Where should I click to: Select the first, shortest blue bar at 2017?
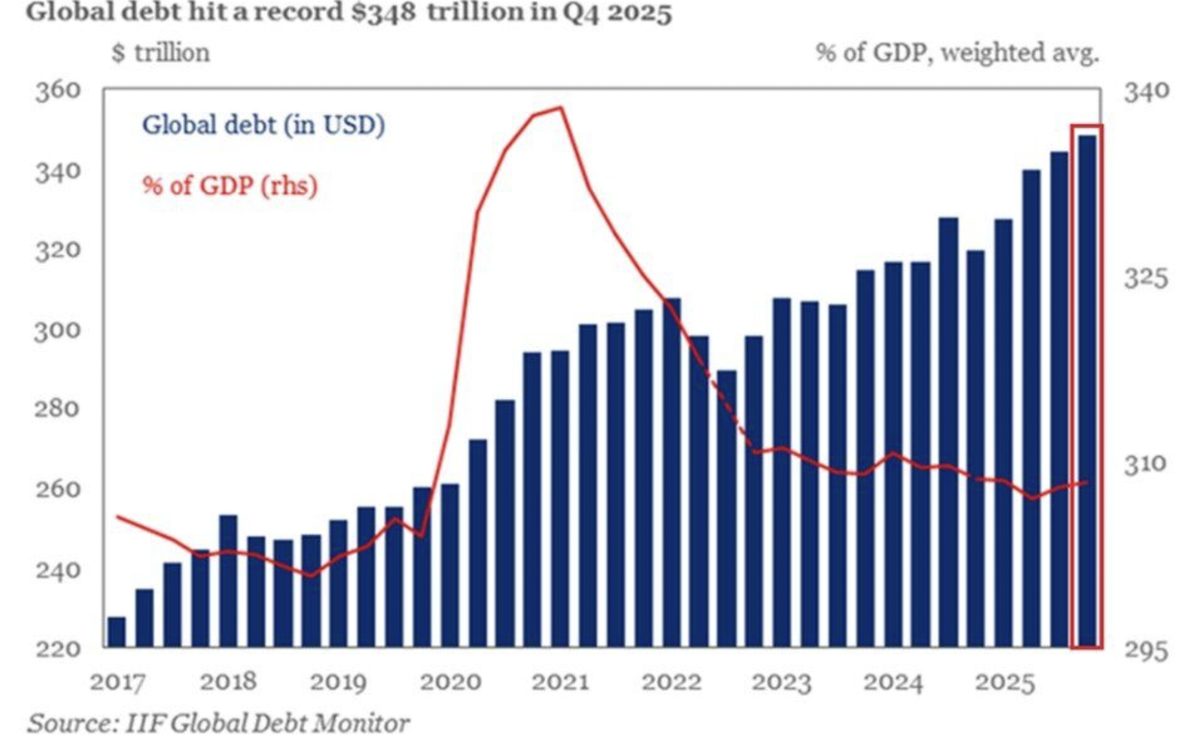[x=117, y=632]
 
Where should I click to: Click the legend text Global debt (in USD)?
[x=263, y=125]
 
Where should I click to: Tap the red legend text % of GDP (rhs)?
[x=230, y=185]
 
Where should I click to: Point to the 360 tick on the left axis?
[x=58, y=90]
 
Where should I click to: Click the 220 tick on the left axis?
[x=58, y=649]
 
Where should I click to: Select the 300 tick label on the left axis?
[x=58, y=330]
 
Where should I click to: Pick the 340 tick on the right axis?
[x=1146, y=92]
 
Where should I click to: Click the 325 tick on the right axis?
[x=1146, y=278]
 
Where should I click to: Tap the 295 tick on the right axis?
[x=1146, y=650]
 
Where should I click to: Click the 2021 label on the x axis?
[x=560, y=683]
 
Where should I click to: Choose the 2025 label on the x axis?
[x=1005, y=683]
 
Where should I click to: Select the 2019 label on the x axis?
[x=338, y=683]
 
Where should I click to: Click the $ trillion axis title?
[x=161, y=53]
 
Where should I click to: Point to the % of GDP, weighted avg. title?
[x=957, y=53]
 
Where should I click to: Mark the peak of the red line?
[x=561, y=108]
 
